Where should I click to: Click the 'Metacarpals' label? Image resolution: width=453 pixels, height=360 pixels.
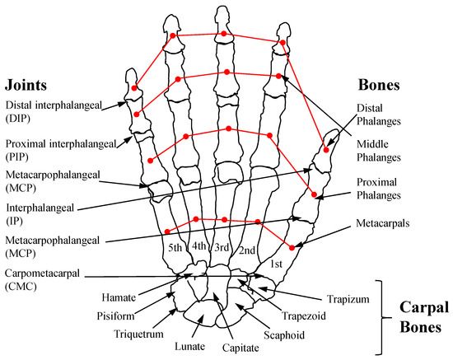click(x=382, y=224)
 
